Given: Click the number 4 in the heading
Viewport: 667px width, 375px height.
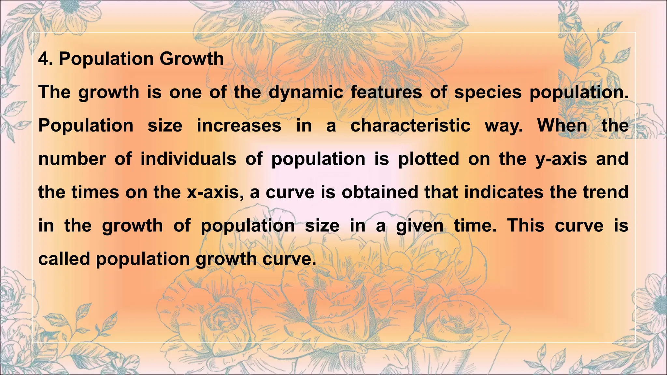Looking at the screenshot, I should [44, 59].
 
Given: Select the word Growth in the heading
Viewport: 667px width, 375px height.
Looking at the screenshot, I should [192, 59].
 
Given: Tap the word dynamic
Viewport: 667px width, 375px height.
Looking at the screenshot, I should [306, 92].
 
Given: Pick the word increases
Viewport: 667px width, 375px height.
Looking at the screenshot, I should [239, 126].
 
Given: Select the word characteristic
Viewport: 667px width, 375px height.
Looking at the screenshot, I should [410, 126].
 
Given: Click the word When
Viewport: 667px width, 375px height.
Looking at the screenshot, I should [562, 126].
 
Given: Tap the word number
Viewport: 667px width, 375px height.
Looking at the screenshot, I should [72, 159].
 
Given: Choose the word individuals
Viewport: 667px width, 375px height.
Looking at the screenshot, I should [188, 159].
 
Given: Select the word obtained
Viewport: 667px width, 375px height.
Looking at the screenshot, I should [379, 192].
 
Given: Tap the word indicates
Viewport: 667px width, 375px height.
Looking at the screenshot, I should [504, 192].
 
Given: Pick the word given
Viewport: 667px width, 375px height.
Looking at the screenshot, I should [419, 226].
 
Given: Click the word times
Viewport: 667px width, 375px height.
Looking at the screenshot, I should [95, 192].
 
